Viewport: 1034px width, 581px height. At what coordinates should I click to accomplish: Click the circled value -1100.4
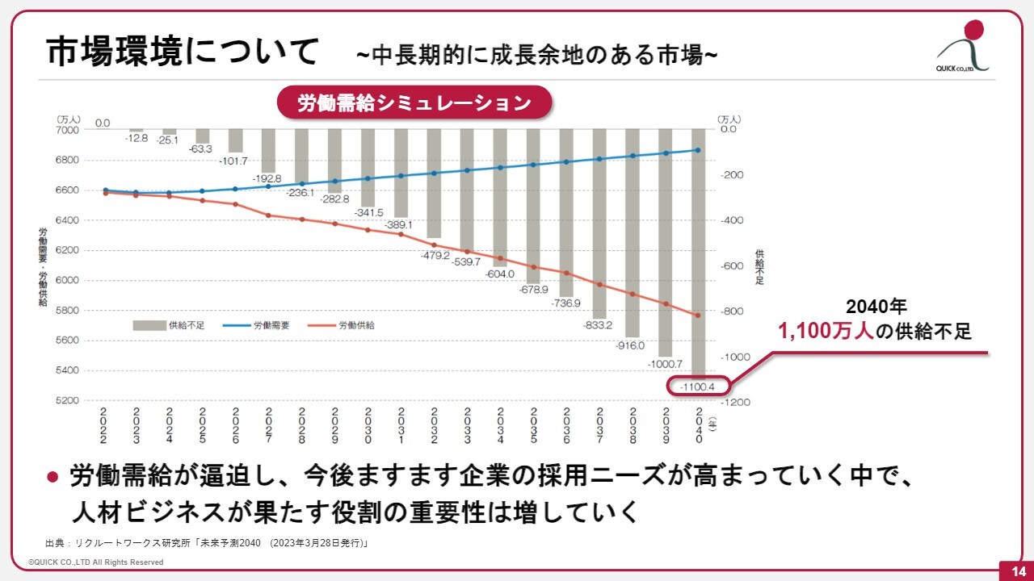point(699,387)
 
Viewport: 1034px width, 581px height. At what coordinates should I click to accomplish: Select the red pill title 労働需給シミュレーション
point(414,103)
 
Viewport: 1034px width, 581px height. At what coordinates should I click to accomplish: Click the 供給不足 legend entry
point(169,325)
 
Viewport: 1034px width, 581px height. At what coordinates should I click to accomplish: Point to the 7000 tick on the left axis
point(68,130)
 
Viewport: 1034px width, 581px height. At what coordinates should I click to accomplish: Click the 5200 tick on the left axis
point(68,401)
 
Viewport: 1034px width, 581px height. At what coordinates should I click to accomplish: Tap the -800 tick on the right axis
point(730,311)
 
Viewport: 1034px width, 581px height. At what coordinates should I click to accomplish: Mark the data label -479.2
point(435,255)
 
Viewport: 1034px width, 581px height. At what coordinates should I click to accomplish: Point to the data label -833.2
point(599,326)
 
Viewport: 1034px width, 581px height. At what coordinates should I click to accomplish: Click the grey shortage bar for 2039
point(666,242)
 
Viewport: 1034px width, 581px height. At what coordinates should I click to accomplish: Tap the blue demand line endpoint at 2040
point(698,150)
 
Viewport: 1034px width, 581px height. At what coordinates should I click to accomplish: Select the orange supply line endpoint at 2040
point(698,316)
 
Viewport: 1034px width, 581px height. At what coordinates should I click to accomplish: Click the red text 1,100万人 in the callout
point(826,331)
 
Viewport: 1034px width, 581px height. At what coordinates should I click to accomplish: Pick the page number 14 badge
point(1013,571)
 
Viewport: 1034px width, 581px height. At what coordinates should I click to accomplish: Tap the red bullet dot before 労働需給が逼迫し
point(53,476)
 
